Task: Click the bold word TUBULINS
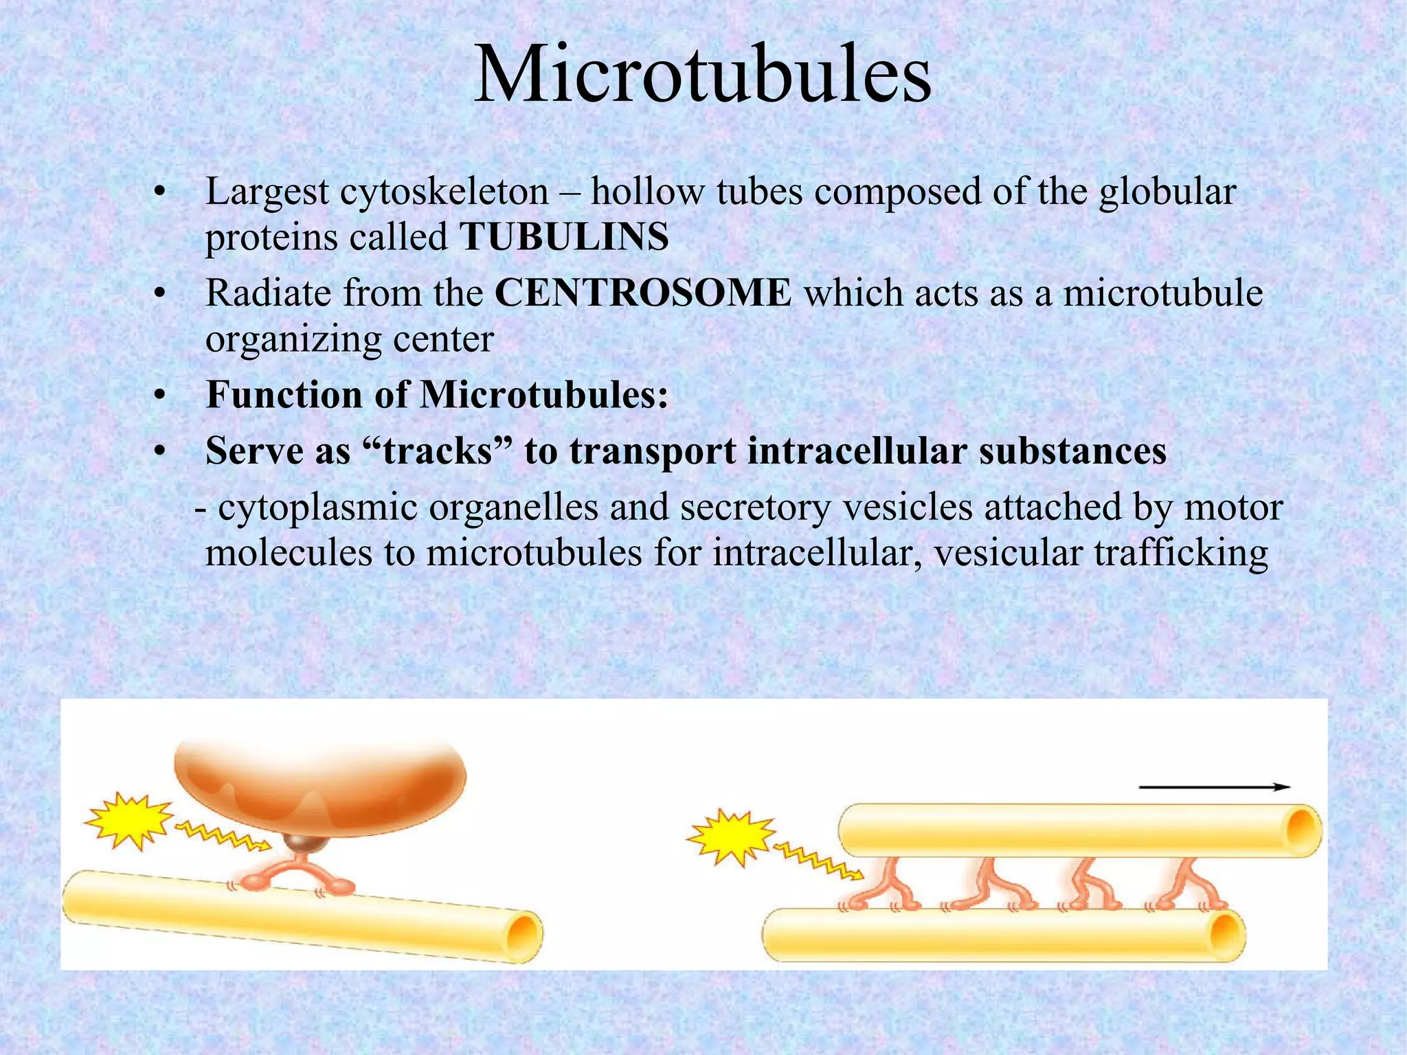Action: [564, 237]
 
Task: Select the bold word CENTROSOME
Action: [642, 293]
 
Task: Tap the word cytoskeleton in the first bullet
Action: [444, 192]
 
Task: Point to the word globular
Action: [1167, 192]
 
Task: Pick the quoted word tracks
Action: [438, 451]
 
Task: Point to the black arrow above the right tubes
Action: [1214, 787]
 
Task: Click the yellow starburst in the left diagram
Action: [128, 821]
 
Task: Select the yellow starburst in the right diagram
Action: [730, 837]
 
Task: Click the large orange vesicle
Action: [320, 783]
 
